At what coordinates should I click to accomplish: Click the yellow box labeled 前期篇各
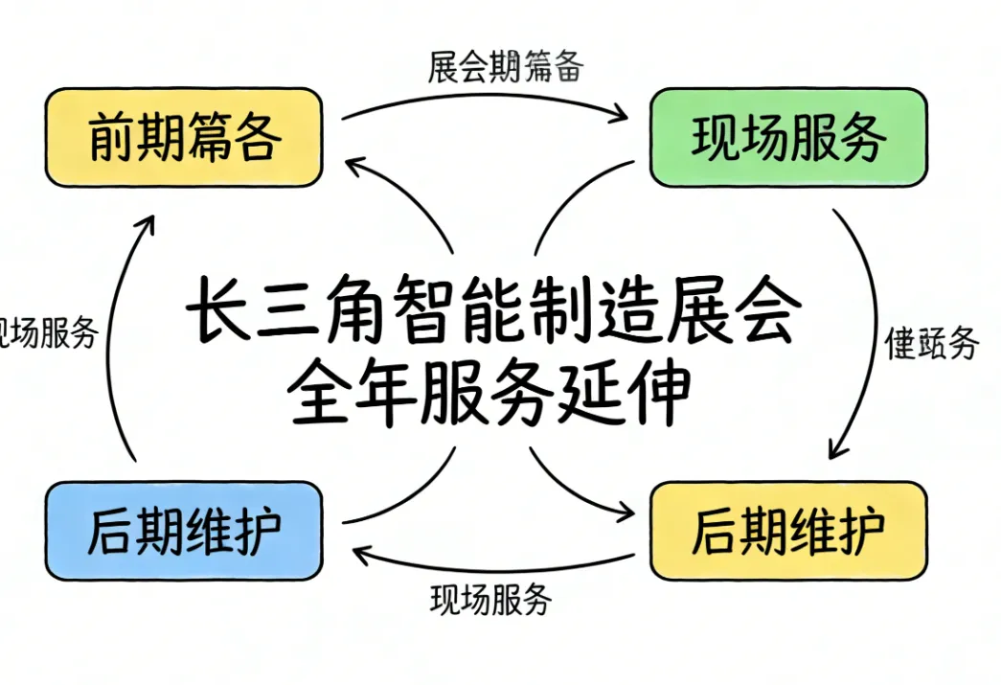click(x=183, y=138)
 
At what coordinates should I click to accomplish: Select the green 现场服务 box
click(x=787, y=138)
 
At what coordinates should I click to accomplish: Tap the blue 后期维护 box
click(x=183, y=532)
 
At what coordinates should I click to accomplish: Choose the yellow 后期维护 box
click(x=787, y=532)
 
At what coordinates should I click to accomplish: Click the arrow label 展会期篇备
click(x=506, y=68)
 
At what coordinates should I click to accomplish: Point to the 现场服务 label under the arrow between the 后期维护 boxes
click(x=490, y=600)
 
